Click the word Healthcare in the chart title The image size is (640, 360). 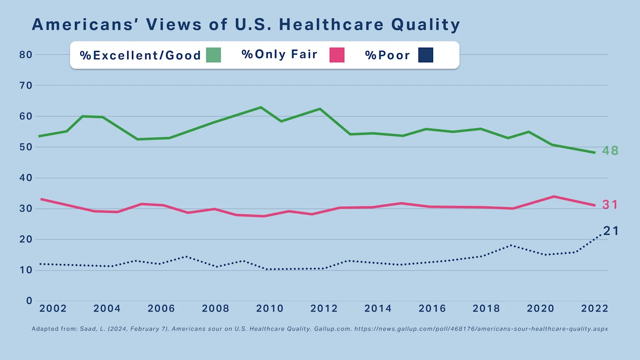point(331,24)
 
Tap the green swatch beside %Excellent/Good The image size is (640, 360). point(213,55)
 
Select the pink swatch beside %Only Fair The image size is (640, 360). point(337,55)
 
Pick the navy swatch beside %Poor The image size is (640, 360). point(426,55)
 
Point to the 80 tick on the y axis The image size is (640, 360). point(26,55)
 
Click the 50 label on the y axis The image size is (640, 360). point(26,147)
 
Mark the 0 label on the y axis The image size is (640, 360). point(29,301)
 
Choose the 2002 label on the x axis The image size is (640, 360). point(53,308)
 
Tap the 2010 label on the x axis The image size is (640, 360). point(270,308)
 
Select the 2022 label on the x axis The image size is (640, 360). point(594,308)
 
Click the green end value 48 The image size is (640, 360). point(610,151)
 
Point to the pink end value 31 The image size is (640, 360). point(610,205)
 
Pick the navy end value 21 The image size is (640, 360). point(611,231)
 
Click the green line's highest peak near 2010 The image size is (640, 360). point(261,107)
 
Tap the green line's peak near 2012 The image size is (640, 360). point(320,109)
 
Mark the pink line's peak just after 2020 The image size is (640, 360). point(554,196)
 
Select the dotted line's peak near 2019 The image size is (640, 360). point(511,245)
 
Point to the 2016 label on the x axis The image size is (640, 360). point(432,308)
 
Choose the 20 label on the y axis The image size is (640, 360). point(26,239)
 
